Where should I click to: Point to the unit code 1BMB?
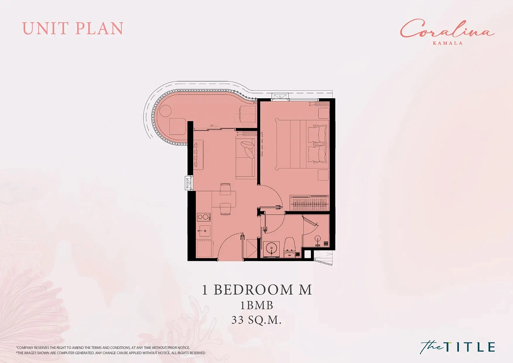256,305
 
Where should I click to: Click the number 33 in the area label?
238,320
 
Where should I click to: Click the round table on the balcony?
166,112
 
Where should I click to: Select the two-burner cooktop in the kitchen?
204,217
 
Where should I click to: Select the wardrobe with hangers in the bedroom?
309,203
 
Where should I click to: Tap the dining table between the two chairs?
224,199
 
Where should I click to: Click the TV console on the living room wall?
198,155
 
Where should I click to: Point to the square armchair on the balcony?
178,126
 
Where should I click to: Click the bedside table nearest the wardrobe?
323,175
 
